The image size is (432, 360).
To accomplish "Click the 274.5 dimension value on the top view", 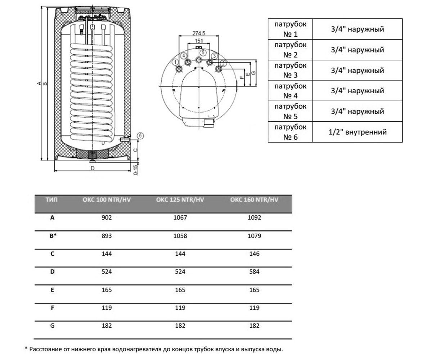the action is [x=199, y=33].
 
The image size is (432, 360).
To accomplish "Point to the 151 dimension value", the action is [x=199, y=41].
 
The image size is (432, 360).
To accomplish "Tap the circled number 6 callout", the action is [x=140, y=136].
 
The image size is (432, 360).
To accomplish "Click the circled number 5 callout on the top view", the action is [x=203, y=52].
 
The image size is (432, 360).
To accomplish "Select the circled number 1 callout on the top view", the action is [x=175, y=62].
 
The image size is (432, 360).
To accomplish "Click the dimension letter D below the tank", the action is [x=93, y=168].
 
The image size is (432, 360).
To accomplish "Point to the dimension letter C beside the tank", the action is [x=135, y=150].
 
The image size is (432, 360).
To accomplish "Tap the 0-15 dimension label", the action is [x=135, y=170].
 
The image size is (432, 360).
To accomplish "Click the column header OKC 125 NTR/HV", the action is [x=180, y=200].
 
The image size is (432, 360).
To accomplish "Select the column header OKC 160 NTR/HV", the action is [x=254, y=200].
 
